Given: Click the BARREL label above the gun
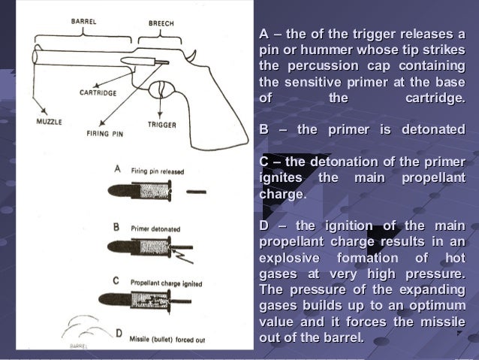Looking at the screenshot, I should pos(83,21).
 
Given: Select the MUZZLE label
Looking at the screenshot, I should pos(49,121).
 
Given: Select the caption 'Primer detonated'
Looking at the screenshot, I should pos(156,225).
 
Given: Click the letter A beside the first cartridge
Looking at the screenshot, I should pos(116,169).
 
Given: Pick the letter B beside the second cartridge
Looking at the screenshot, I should pos(116,225).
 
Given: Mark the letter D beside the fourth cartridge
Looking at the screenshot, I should pos(118,334).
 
